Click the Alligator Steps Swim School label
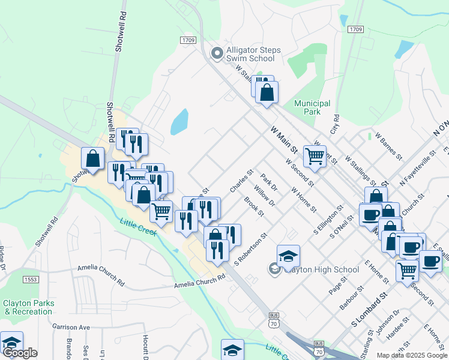[250, 54]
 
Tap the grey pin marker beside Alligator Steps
[217, 54]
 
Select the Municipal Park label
[312, 107]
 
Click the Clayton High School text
[322, 269]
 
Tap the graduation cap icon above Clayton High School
[288, 256]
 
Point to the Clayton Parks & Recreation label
[28, 307]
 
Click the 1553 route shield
[31, 280]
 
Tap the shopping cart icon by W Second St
[315, 156]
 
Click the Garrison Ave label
[71, 327]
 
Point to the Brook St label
[253, 206]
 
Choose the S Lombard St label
[370, 311]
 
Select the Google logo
[19, 353]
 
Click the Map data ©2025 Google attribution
[412, 355]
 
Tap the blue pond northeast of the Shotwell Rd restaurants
[179, 122]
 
